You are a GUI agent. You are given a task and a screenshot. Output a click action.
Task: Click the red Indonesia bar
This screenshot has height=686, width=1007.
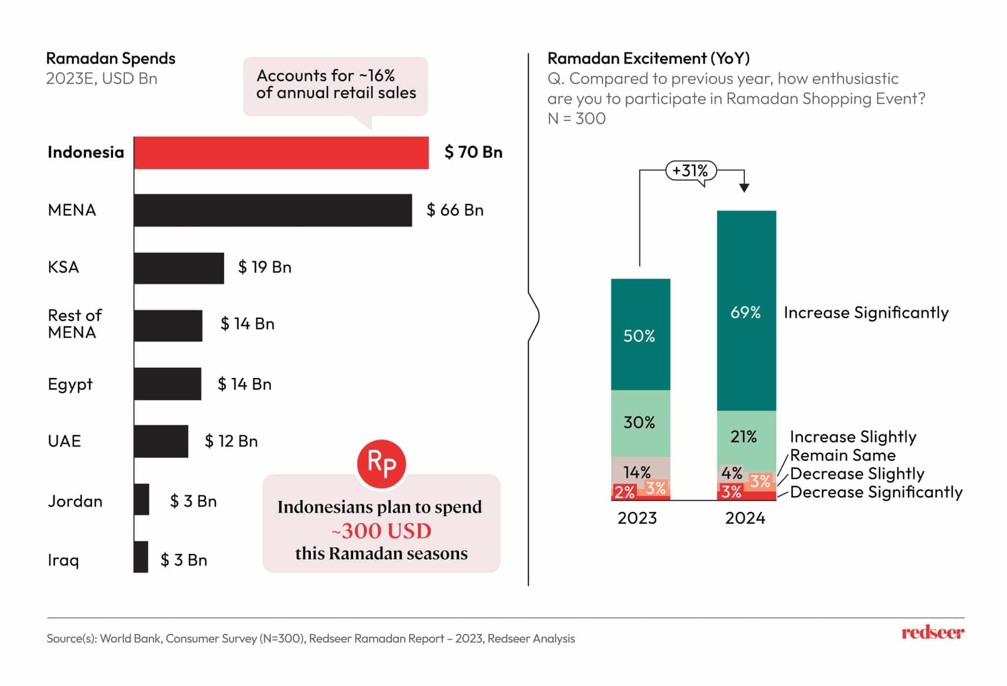[281, 153]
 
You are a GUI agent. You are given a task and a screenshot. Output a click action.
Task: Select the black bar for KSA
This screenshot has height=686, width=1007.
[178, 268]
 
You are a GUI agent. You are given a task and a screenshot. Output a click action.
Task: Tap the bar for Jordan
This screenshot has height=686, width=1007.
[141, 499]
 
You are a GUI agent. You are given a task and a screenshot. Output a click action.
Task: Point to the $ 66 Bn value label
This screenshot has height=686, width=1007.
[455, 210]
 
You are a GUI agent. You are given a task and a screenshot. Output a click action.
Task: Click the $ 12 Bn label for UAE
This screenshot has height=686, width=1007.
[231, 441]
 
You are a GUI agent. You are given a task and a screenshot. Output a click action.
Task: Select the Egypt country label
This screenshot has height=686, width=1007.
[70, 384]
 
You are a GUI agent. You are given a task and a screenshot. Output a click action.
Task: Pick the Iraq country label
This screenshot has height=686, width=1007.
[63, 560]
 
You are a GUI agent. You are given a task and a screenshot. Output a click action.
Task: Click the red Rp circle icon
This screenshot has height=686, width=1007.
[382, 464]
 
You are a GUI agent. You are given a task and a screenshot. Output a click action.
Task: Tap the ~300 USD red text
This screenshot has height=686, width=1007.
[382, 531]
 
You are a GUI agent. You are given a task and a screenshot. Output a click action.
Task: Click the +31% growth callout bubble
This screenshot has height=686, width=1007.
[690, 171]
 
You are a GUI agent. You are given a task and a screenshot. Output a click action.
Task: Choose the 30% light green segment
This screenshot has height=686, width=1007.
[640, 423]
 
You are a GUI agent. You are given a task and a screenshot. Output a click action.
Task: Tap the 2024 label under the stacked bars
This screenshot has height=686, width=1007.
[745, 518]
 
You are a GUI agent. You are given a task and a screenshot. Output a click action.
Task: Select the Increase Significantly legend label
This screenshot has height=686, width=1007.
[866, 313]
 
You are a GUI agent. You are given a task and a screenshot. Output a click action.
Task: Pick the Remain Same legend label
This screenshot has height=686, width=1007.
[842, 455]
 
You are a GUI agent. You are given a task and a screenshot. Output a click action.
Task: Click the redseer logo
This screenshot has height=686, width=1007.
[932, 633]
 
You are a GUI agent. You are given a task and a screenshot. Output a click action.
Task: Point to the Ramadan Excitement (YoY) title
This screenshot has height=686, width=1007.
[649, 59]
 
